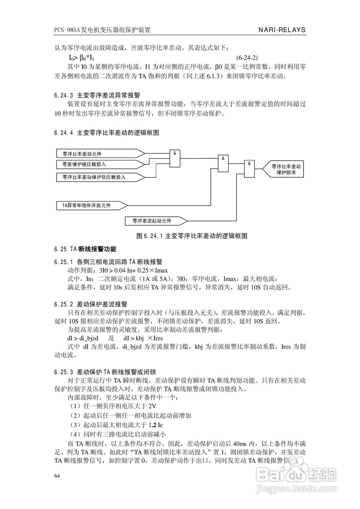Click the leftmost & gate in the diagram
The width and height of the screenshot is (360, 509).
[175, 159]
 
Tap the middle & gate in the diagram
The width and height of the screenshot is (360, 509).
[224, 164]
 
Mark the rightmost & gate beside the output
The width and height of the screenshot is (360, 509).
[249, 169]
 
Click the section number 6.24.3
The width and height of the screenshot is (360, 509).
[64, 95]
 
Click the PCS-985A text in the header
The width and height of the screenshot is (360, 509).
[67, 30]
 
